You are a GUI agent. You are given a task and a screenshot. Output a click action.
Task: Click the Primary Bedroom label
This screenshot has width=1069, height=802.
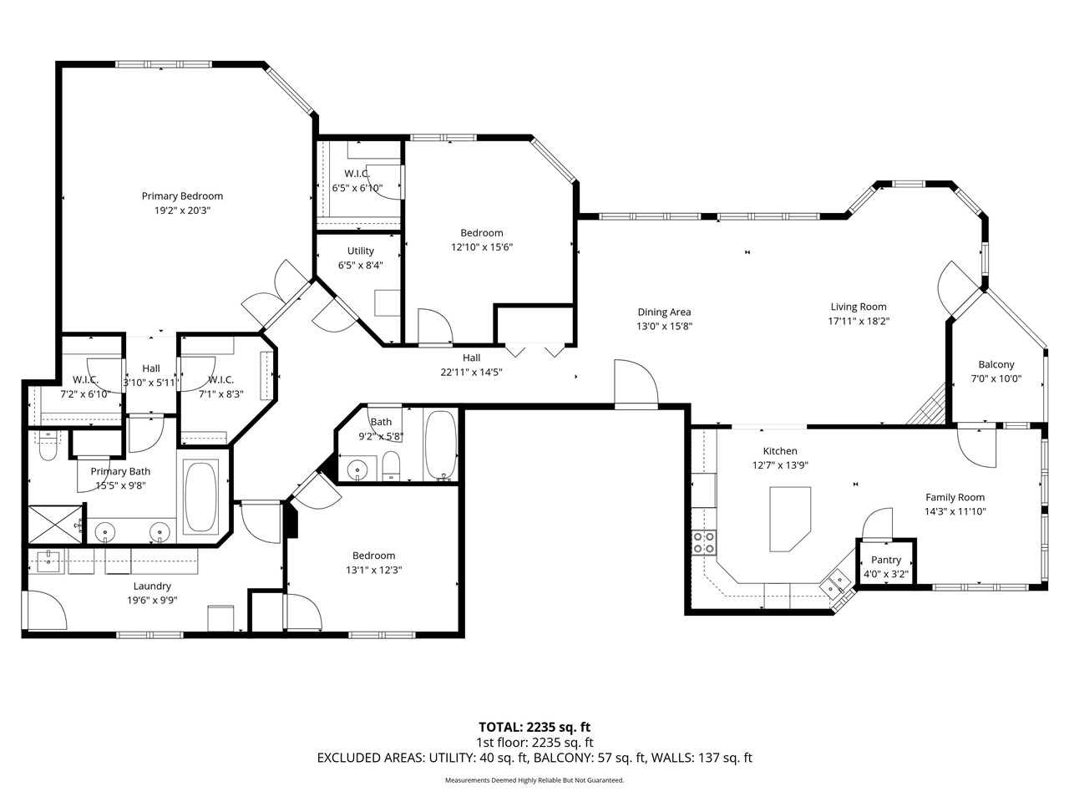[x=182, y=196]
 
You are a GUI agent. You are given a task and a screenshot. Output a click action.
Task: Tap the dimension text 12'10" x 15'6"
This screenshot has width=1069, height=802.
[x=482, y=247]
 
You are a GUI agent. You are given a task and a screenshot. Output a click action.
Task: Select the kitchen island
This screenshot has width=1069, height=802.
[x=789, y=519]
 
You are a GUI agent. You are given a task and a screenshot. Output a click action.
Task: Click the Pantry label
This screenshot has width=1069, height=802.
[x=886, y=560]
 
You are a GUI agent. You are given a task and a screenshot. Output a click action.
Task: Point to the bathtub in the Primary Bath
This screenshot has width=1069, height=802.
[x=201, y=497]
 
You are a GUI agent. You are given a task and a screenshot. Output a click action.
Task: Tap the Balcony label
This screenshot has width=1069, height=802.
[x=996, y=365]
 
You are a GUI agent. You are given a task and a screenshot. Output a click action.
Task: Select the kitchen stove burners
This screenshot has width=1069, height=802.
[x=702, y=543]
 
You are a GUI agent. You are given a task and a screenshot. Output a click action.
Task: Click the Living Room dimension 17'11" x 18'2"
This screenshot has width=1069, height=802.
[x=859, y=321]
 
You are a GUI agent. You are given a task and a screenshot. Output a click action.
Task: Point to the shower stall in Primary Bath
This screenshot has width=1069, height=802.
[x=57, y=531]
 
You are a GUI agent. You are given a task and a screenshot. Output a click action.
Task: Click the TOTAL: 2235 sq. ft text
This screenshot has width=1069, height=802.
[x=534, y=727]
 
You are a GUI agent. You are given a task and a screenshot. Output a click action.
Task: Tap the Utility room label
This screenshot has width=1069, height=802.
[x=361, y=251]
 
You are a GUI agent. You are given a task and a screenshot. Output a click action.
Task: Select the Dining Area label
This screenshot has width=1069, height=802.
[x=664, y=312]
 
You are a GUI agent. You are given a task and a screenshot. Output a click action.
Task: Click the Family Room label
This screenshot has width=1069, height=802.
[x=955, y=497]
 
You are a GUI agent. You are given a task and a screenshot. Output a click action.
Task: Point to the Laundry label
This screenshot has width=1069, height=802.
[x=152, y=586]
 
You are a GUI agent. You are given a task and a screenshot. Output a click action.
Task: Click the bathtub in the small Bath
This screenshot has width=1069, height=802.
[x=441, y=444]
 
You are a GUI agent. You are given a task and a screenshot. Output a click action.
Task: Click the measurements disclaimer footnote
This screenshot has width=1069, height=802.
[x=534, y=780]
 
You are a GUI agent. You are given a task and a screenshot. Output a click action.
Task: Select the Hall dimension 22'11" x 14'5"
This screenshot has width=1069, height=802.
[x=471, y=373]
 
